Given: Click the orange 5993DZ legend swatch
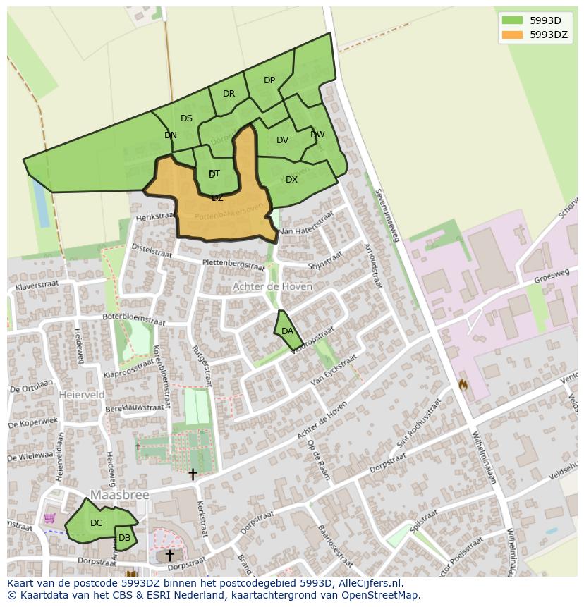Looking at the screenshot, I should coord(512,35).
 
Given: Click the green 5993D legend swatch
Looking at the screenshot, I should coord(512,20).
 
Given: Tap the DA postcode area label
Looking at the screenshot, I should coord(287,331).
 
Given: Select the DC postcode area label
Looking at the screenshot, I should coord(97,523).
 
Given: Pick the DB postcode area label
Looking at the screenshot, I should coord(124,538).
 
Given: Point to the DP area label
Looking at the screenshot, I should coord(269,80).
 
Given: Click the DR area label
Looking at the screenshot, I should coord(229,94).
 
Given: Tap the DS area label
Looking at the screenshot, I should coord(186,118).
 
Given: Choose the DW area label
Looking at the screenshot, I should coord(317,135).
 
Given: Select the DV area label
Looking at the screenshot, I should coord(282,140).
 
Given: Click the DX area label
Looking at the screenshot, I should coord(291,180).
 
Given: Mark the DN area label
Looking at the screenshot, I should coord(171,135).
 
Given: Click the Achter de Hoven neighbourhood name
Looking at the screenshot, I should coord(272,287).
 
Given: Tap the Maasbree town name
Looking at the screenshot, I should coord(120,496).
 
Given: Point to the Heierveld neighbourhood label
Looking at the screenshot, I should coord(83,395).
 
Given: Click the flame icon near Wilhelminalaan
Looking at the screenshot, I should coord(463,385).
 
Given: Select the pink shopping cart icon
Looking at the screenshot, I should coord(49,518).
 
